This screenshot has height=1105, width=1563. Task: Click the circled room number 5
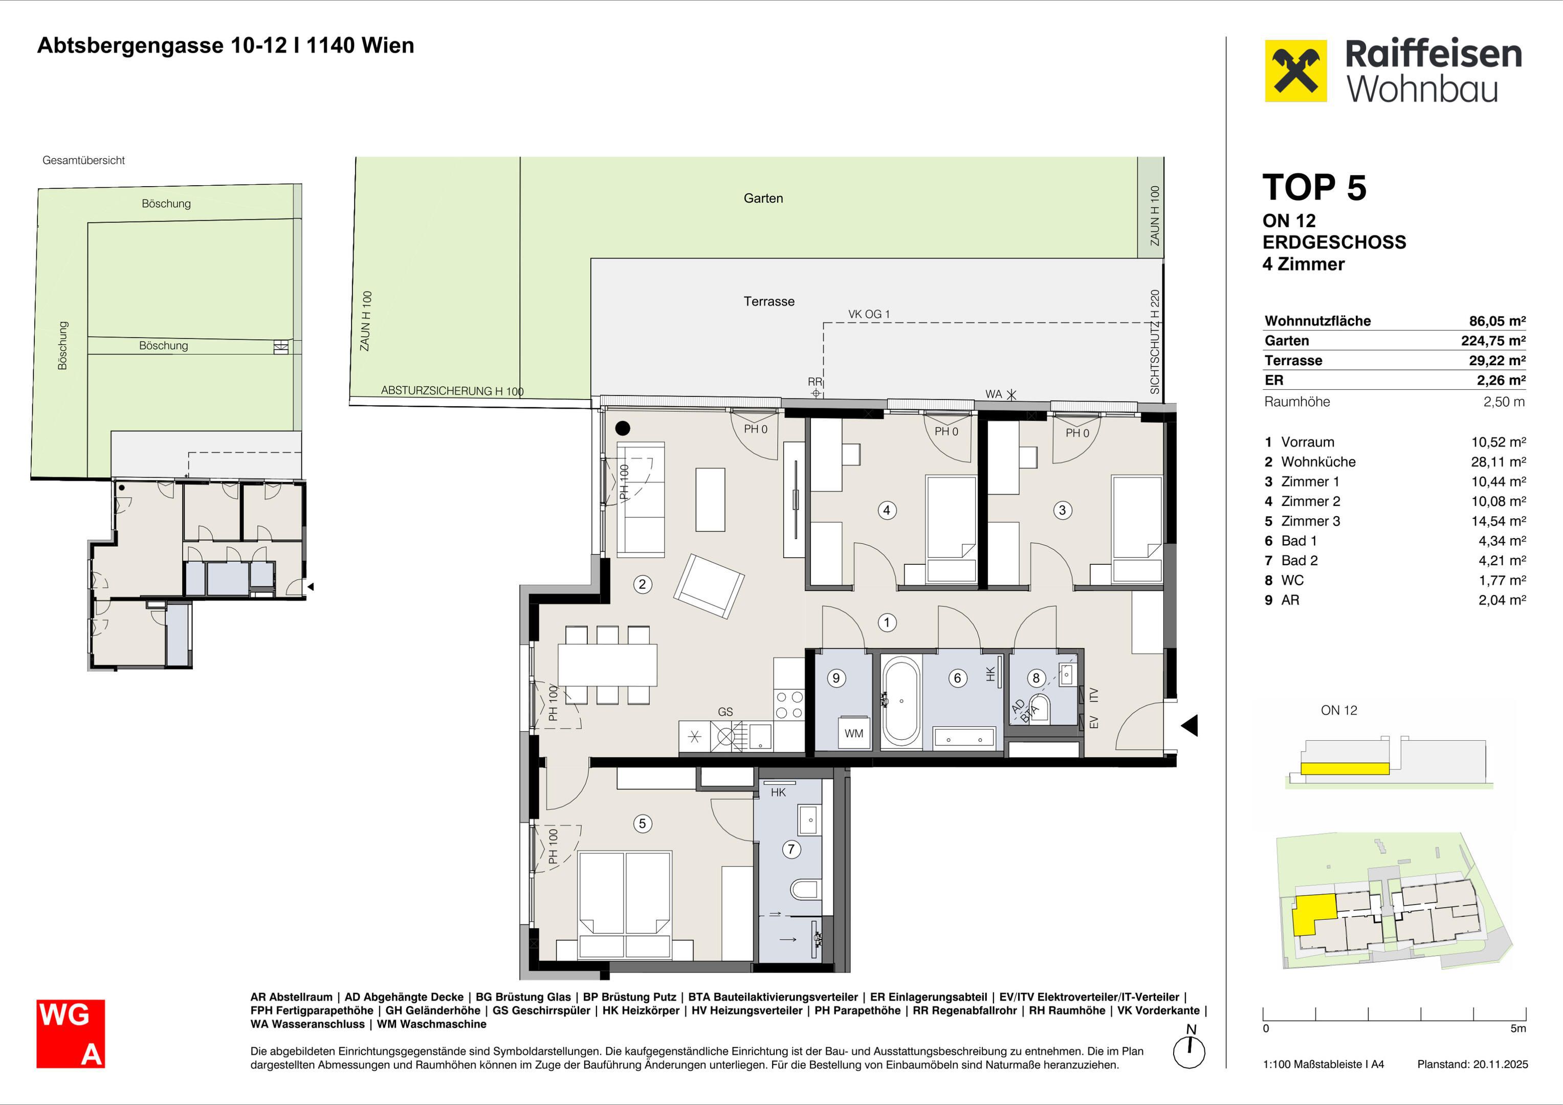[642, 824]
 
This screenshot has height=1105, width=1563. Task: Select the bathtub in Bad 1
[900, 700]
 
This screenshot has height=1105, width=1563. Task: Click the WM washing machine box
[854, 733]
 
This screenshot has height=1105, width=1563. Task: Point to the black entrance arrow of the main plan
[1190, 725]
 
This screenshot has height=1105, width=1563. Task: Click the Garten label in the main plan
[763, 198]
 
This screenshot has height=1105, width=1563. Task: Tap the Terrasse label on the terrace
[768, 301]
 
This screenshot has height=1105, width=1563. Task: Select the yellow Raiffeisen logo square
[1295, 71]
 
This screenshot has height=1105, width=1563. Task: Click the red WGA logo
[71, 1033]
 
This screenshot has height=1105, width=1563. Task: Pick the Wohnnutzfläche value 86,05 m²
[1497, 321]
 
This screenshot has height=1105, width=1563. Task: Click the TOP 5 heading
[1314, 187]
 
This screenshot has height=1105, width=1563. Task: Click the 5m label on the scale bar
[1518, 1028]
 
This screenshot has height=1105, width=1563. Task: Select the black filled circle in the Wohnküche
[623, 428]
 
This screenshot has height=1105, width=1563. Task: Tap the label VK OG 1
[869, 314]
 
